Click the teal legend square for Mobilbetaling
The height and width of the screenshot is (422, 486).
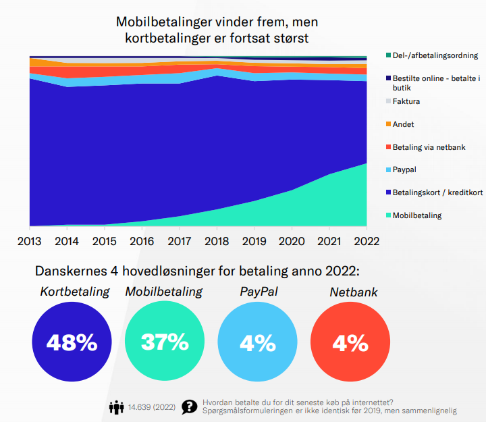click(388, 215)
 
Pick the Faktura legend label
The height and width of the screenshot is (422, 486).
click(406, 101)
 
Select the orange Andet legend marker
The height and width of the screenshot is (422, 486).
click(388, 124)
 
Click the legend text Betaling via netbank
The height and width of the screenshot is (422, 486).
click(429, 147)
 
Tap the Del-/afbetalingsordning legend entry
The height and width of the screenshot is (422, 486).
click(435, 55)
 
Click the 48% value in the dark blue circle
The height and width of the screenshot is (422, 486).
click(72, 343)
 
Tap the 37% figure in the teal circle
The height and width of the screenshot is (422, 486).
click(164, 342)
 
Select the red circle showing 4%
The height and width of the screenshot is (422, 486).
click(350, 343)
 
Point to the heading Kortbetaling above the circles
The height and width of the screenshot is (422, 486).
click(74, 292)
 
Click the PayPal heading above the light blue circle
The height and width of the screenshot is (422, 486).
click(259, 292)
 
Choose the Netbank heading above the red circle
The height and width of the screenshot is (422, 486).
click(353, 292)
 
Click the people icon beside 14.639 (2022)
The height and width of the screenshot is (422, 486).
click(117, 407)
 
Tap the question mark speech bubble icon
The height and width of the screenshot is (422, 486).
click(190, 407)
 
